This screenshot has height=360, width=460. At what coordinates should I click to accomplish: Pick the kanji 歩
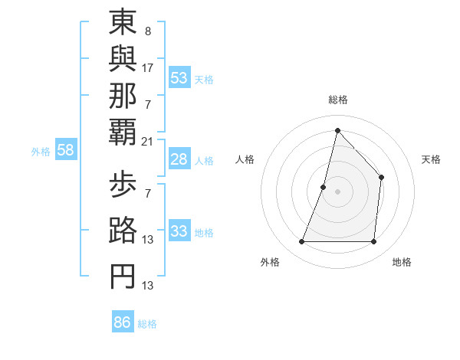pyautogui.click(x=123, y=185)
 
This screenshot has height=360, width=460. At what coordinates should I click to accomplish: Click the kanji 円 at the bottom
pyautogui.click(x=123, y=277)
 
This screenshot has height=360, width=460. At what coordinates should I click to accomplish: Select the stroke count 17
pyautogui.click(x=148, y=67)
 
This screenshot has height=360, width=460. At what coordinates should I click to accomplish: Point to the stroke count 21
pyautogui.click(x=148, y=140)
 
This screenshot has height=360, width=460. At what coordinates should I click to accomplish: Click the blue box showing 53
pyautogui.click(x=179, y=78)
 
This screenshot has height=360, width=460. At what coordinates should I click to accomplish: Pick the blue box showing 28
pyautogui.click(x=179, y=159)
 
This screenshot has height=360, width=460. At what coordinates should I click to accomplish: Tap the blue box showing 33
pyautogui.click(x=179, y=231)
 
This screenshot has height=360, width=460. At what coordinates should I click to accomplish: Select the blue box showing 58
pyautogui.click(x=65, y=150)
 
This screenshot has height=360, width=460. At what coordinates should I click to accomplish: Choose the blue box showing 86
pyautogui.click(x=123, y=322)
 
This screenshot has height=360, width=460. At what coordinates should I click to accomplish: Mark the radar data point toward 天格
pyautogui.click(x=381, y=178)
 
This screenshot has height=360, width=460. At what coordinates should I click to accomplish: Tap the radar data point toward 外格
pyautogui.click(x=301, y=242)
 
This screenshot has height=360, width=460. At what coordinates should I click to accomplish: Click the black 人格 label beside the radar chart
pyautogui.click(x=245, y=159)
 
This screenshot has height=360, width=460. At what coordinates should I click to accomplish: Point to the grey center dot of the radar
pyautogui.click(x=337, y=191)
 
